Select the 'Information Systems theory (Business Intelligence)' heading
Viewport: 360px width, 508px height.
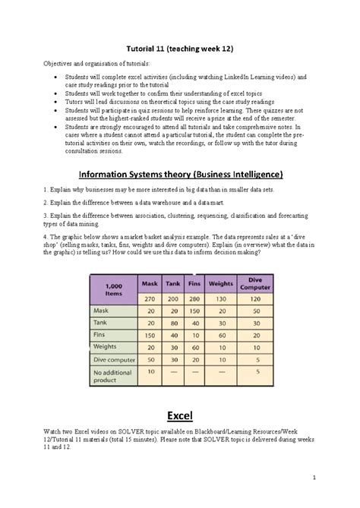tap(180, 173)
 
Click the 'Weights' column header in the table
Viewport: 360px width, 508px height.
tap(220, 283)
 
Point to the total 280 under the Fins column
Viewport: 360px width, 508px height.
tap(194, 298)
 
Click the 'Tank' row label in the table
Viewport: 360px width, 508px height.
tap(101, 323)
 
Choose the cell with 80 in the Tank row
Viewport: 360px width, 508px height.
tap(172, 323)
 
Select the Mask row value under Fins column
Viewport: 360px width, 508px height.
tap(194, 311)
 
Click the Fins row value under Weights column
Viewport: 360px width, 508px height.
tap(220, 336)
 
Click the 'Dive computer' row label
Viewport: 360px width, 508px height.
tap(114, 360)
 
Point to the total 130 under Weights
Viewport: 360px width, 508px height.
tap(220, 298)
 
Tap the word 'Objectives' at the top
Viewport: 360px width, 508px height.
tap(59, 65)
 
